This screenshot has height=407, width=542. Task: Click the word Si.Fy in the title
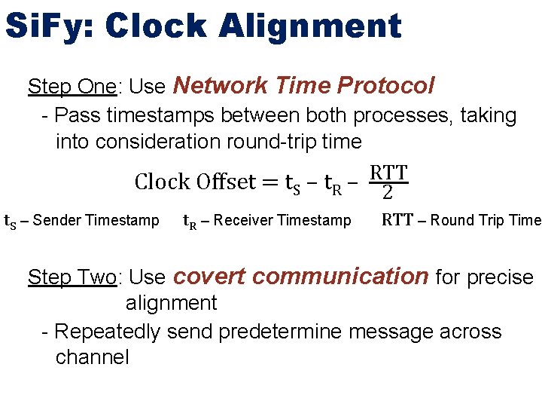(x=48, y=26)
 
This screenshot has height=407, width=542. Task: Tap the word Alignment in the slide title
(x=310, y=26)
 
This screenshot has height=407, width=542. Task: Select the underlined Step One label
(x=72, y=87)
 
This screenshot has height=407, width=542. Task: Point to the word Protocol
(x=385, y=85)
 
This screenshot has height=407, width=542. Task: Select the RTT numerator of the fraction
(x=388, y=173)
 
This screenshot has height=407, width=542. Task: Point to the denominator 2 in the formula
(x=387, y=192)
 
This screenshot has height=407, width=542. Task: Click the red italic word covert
(x=206, y=277)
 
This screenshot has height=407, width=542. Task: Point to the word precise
(x=499, y=277)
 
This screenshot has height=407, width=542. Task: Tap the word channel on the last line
(x=92, y=357)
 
